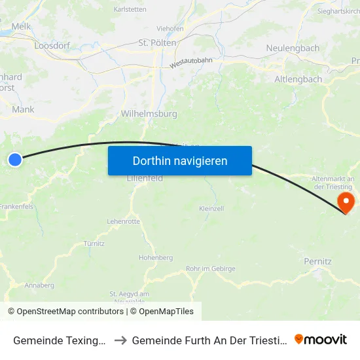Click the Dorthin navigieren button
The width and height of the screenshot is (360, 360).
pos(180,160)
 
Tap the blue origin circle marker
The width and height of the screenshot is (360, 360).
pos(15,159)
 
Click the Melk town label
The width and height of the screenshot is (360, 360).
pos(21,26)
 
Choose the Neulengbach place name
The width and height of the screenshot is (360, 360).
pos(293,48)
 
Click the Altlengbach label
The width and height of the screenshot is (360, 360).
pos(298,79)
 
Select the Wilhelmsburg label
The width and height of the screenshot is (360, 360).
pos(149,113)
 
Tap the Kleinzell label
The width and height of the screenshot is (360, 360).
pos(211,208)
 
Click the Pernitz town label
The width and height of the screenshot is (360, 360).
pos(317,261)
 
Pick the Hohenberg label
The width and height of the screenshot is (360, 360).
pos(156,257)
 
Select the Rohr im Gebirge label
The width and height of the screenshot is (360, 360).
pos(211,268)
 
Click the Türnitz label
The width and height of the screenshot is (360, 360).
pos(94,243)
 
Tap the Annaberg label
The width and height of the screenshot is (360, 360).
pos(39,285)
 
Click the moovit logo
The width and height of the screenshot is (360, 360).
pos(321,339)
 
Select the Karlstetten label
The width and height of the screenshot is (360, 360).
pos(130,10)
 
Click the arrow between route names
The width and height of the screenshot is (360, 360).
pos(122,340)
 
